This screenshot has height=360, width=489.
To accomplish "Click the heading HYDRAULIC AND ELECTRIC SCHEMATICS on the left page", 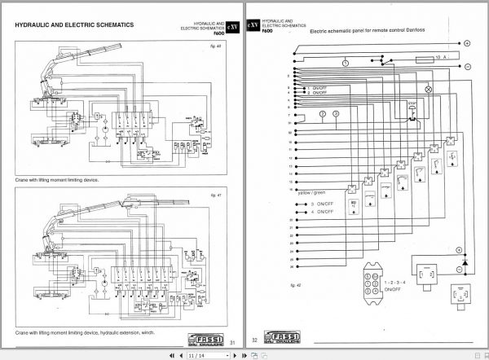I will (74, 24).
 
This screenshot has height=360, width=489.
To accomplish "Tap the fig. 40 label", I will (215, 56).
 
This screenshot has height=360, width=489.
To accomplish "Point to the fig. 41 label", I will (215, 195).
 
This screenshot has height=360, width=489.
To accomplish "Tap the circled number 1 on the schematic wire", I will (346, 63).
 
